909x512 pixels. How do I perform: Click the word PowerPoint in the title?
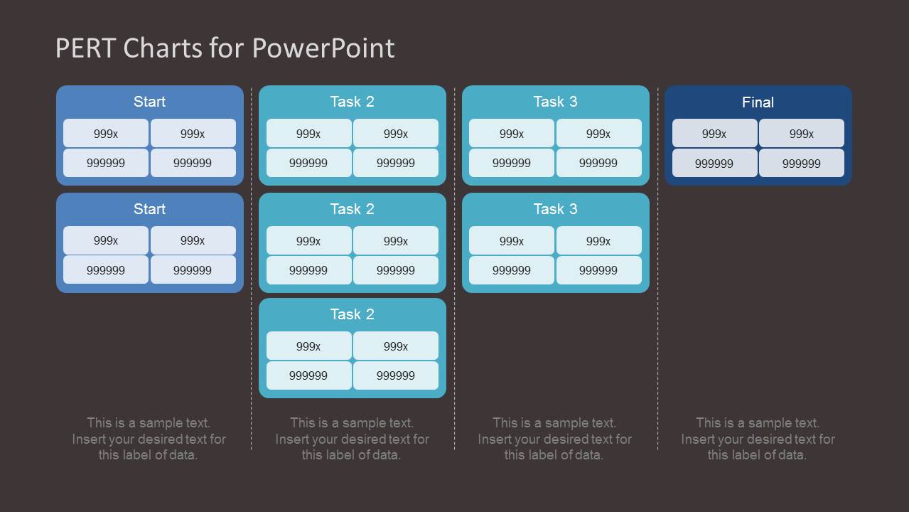point(323,48)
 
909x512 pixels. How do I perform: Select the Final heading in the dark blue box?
point(758,102)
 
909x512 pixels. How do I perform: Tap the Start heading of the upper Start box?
point(149,102)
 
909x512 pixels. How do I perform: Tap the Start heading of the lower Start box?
point(149,209)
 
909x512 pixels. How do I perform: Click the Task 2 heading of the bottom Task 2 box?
point(352,314)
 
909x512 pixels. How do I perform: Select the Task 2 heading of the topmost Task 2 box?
point(352,102)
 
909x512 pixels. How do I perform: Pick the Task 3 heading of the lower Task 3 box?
point(555,209)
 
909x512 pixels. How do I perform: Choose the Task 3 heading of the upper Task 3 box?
point(555,102)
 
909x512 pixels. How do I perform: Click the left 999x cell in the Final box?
point(714,134)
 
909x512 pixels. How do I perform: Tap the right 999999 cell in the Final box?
point(801,164)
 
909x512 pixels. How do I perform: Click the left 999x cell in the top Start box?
point(106,134)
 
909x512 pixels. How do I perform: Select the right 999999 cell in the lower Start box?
point(193,270)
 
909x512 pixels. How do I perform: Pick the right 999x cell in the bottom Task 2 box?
point(395,346)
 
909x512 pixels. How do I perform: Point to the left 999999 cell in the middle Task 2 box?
point(308,270)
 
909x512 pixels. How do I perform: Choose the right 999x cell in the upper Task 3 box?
point(598,134)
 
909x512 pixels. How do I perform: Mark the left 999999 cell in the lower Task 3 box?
point(512,270)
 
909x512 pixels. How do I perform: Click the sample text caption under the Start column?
point(149,439)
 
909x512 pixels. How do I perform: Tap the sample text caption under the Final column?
point(758,439)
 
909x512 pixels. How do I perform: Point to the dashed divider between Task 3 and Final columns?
point(657,284)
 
